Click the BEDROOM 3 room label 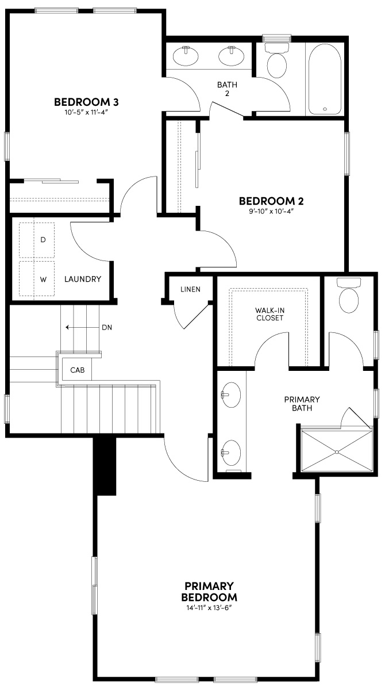click(x=86, y=102)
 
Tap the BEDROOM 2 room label click(x=271, y=201)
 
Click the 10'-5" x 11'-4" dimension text click(x=86, y=113)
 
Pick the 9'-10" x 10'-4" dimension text click(x=271, y=211)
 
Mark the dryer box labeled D click(x=37, y=239)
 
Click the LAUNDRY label click(x=83, y=279)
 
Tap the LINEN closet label click(x=190, y=289)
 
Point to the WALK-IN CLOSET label click(x=269, y=314)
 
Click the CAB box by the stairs click(x=77, y=370)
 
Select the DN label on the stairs click(x=106, y=327)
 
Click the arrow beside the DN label click(x=75, y=327)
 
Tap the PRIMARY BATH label click(x=302, y=403)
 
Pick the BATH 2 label click(x=227, y=89)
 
